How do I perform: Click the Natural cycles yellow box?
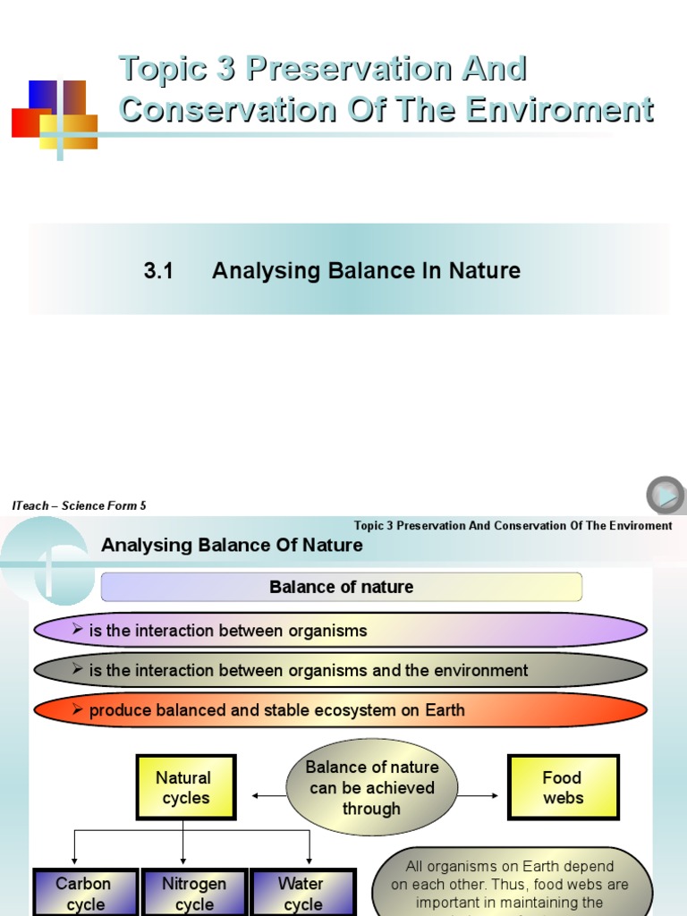(185, 787)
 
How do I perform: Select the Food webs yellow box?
(563, 787)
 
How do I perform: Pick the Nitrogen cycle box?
(194, 893)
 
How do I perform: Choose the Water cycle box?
(301, 893)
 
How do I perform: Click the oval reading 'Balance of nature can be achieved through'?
(371, 787)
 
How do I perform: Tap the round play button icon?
(665, 495)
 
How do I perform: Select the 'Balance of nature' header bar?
(342, 588)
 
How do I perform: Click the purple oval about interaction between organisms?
(340, 630)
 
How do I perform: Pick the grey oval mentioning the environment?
(340, 670)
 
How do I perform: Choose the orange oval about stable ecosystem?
(340, 710)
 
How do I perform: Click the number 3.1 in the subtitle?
(158, 271)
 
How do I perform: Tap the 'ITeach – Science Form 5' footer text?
(80, 505)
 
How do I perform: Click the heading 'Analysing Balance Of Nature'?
(232, 545)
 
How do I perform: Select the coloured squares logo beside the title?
(54, 116)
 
